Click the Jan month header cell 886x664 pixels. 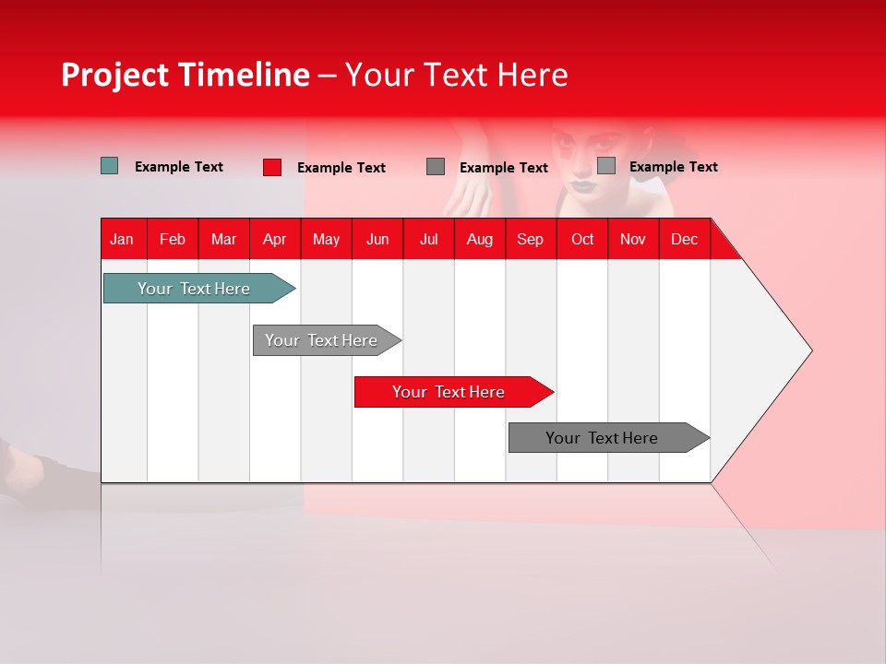123,239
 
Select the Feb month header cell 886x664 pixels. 173,239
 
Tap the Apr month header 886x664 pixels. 275,239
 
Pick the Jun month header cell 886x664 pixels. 377,239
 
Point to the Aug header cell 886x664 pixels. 480,239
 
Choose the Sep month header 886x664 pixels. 531,239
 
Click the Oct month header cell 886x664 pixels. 582,239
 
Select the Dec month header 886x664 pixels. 685,239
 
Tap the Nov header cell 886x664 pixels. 633,239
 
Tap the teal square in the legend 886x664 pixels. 110,166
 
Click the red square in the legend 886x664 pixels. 272,167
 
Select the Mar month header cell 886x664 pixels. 223,239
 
